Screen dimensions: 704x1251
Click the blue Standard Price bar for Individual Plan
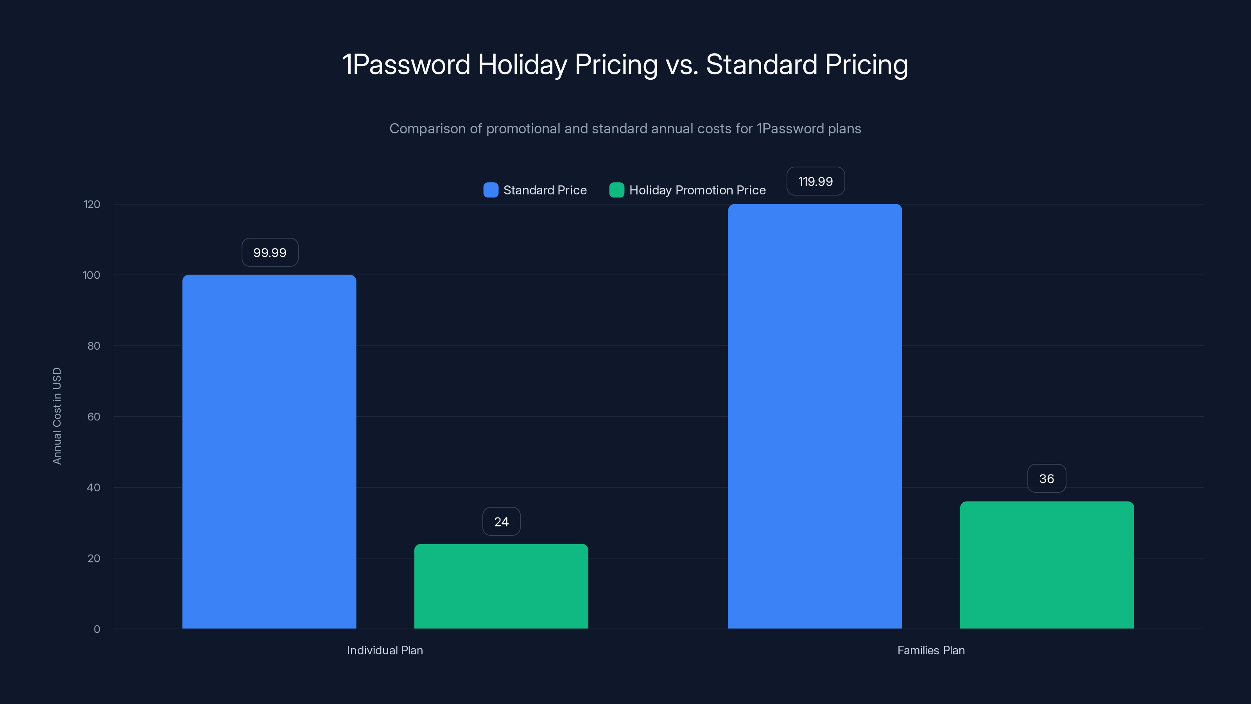pyautogui.click(x=269, y=452)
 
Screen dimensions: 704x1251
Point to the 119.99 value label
pyautogui.click(x=815, y=181)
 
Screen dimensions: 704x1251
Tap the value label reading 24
pyautogui.click(x=501, y=522)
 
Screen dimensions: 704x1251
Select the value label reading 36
pyautogui.click(x=1047, y=479)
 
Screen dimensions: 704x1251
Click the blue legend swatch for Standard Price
pyautogui.click(x=491, y=190)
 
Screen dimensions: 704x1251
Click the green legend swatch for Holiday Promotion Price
pyautogui.click(x=616, y=190)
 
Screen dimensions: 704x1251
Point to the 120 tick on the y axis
pyautogui.click(x=92, y=205)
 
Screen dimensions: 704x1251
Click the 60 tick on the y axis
pyautogui.click(x=94, y=417)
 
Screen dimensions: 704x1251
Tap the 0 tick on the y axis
pyautogui.click(x=97, y=629)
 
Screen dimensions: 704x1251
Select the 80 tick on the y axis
pyautogui.click(x=94, y=346)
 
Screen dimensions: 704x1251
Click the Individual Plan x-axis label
pyautogui.click(x=385, y=650)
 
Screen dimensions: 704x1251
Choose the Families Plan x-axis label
pyautogui.click(x=930, y=650)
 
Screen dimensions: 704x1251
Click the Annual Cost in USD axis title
pyautogui.click(x=57, y=416)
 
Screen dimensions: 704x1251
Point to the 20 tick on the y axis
pyautogui.click(x=94, y=558)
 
